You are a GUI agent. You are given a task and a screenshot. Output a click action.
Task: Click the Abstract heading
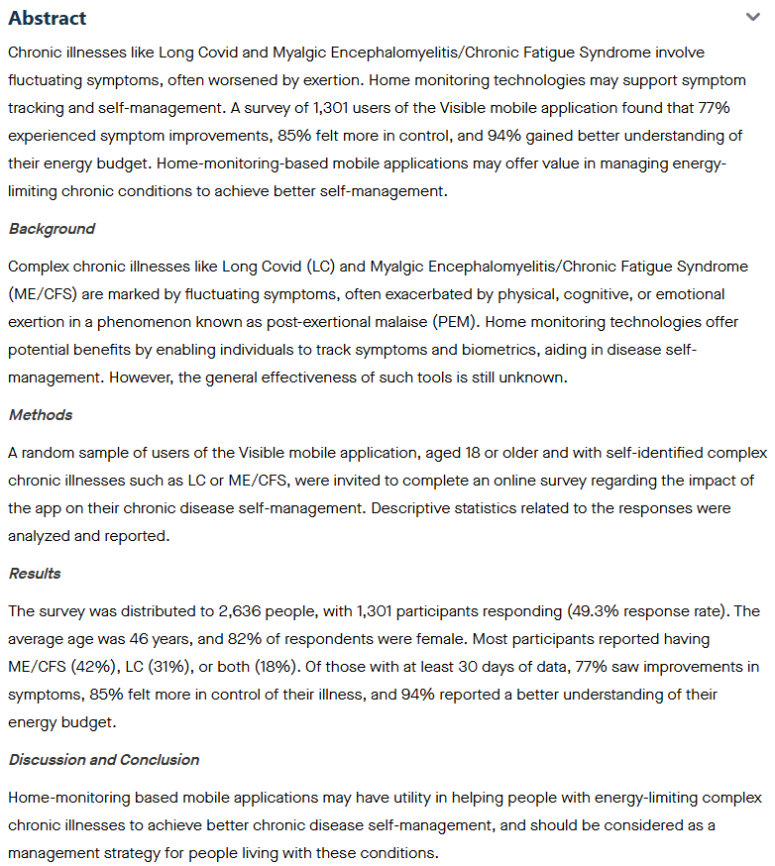47,18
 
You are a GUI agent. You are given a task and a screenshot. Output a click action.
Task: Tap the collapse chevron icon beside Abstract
752,17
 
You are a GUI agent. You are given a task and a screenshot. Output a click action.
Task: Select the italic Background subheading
52,229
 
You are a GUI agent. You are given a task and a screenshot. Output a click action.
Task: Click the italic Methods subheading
41,415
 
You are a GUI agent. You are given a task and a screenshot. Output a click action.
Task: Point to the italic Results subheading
35,574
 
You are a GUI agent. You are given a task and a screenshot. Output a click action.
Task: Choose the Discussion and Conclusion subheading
104,760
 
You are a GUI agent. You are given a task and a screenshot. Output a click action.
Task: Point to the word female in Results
405,639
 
